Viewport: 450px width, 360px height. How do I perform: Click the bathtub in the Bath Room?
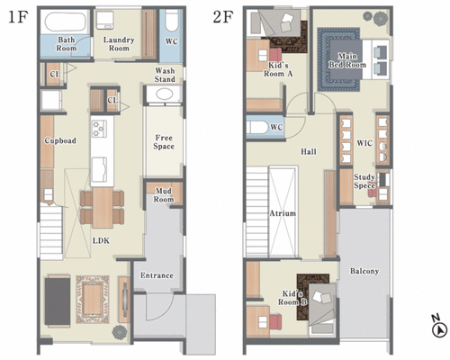[x=65, y=22]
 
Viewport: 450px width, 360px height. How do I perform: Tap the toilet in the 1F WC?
[x=172, y=21]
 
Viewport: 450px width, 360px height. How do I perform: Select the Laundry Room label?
[x=119, y=44]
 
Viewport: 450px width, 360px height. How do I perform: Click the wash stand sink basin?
[x=164, y=94]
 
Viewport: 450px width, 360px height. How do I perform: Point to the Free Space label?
[x=164, y=142]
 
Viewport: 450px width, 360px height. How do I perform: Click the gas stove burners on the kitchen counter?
[x=99, y=129]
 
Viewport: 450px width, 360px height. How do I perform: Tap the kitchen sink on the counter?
[x=99, y=169]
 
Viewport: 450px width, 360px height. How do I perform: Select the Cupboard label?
[x=60, y=140]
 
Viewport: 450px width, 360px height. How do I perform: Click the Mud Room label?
[x=164, y=195]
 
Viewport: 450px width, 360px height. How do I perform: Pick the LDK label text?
[x=101, y=240]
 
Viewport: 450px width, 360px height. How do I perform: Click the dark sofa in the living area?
[x=58, y=301]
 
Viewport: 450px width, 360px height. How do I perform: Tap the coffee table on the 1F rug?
[x=93, y=299]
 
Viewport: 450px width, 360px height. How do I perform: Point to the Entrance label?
[x=157, y=275]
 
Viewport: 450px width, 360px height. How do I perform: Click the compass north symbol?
[x=440, y=330]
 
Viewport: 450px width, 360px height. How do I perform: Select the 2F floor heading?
[x=222, y=17]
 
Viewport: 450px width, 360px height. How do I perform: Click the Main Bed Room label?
[x=347, y=60]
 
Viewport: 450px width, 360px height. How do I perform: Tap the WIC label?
[x=364, y=143]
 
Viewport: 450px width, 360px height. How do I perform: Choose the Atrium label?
[x=283, y=213]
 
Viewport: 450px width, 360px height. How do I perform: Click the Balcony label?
[x=364, y=271]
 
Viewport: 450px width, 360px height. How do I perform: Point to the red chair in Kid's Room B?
[x=275, y=322]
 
